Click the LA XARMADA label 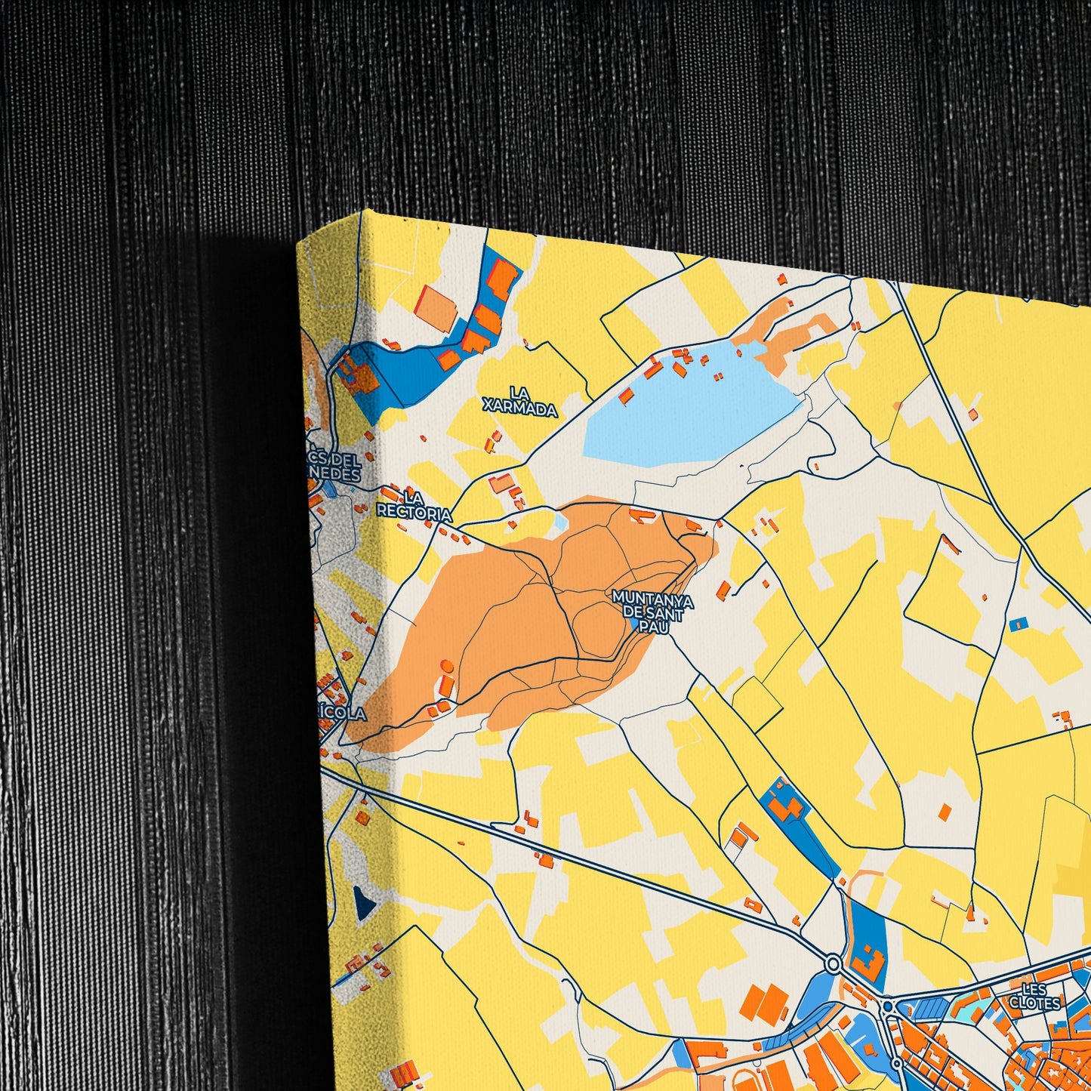[520, 402]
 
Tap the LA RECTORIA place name [414, 506]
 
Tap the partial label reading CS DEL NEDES [333, 468]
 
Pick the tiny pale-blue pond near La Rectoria [560, 522]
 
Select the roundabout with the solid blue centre [887, 1006]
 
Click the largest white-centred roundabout [833, 964]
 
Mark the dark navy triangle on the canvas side [365, 902]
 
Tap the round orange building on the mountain [446, 666]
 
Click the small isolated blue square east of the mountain [1019, 624]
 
